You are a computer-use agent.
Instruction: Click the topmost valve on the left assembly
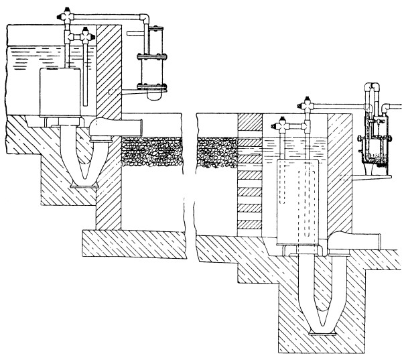[x=68, y=12]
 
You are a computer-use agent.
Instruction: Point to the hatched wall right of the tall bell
[x=342, y=174]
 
